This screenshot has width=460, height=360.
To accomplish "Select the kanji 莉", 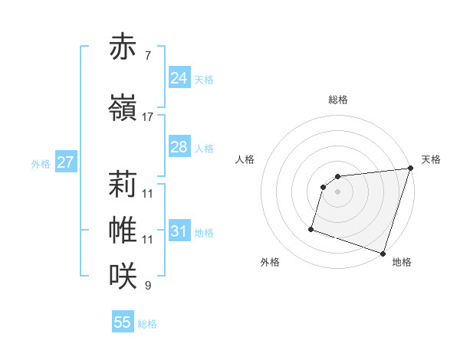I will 123,184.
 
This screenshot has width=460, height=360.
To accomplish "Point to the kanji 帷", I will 123,230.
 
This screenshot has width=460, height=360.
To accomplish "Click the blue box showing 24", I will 179,78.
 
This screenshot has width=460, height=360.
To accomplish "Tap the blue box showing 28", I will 179,147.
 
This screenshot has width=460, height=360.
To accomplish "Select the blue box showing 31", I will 179,231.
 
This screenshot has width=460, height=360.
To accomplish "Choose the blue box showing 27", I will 65,162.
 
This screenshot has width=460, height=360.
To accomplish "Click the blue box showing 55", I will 123,322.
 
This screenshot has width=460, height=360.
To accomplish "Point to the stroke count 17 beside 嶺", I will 148,116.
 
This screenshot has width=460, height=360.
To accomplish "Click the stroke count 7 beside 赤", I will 148,56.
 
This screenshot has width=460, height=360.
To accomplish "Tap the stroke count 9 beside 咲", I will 148,286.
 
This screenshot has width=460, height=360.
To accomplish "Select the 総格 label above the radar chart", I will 338,100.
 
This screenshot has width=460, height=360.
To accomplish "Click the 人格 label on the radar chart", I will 245,159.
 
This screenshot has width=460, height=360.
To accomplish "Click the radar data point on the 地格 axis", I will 383,253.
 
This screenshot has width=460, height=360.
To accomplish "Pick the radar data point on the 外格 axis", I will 311,228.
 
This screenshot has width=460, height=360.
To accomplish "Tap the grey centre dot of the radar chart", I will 337,191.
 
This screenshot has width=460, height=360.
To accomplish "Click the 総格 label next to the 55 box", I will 147,324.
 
